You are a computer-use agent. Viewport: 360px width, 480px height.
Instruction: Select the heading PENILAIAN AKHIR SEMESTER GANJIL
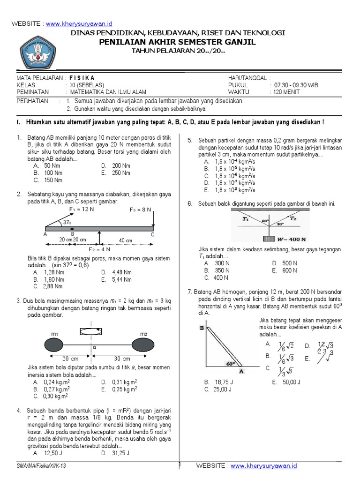[178, 42]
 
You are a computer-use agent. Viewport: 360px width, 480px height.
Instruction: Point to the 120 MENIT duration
[285, 92]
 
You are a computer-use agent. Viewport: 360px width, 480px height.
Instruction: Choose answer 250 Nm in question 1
[120, 173]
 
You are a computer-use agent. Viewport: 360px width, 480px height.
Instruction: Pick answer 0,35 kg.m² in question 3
[124, 389]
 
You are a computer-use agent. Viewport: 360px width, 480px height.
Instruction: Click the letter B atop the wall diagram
[202, 329]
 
